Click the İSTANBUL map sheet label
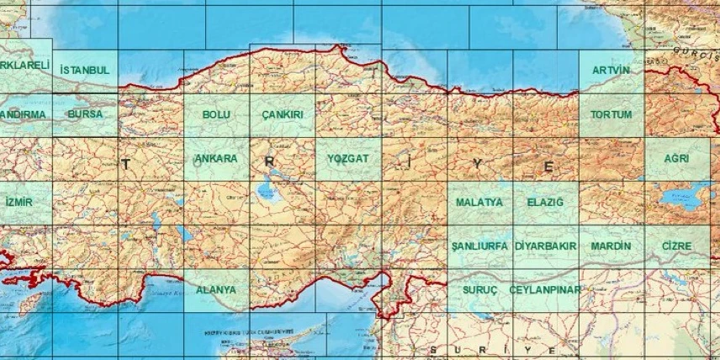coord(85,70)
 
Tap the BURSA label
coord(85,114)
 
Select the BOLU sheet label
coord(216,114)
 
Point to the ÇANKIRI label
coord(283,114)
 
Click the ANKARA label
coord(216,158)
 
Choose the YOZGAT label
coord(347,158)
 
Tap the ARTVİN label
coord(611,70)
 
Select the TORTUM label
coord(611,114)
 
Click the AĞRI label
coord(676,158)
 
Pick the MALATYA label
coord(479,203)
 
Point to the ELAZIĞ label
coord(545,203)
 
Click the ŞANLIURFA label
coord(479,246)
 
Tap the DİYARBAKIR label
coord(545,246)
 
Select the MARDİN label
coord(611,246)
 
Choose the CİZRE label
coord(676,246)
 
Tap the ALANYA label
coord(216,290)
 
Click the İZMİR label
coord(19,203)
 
